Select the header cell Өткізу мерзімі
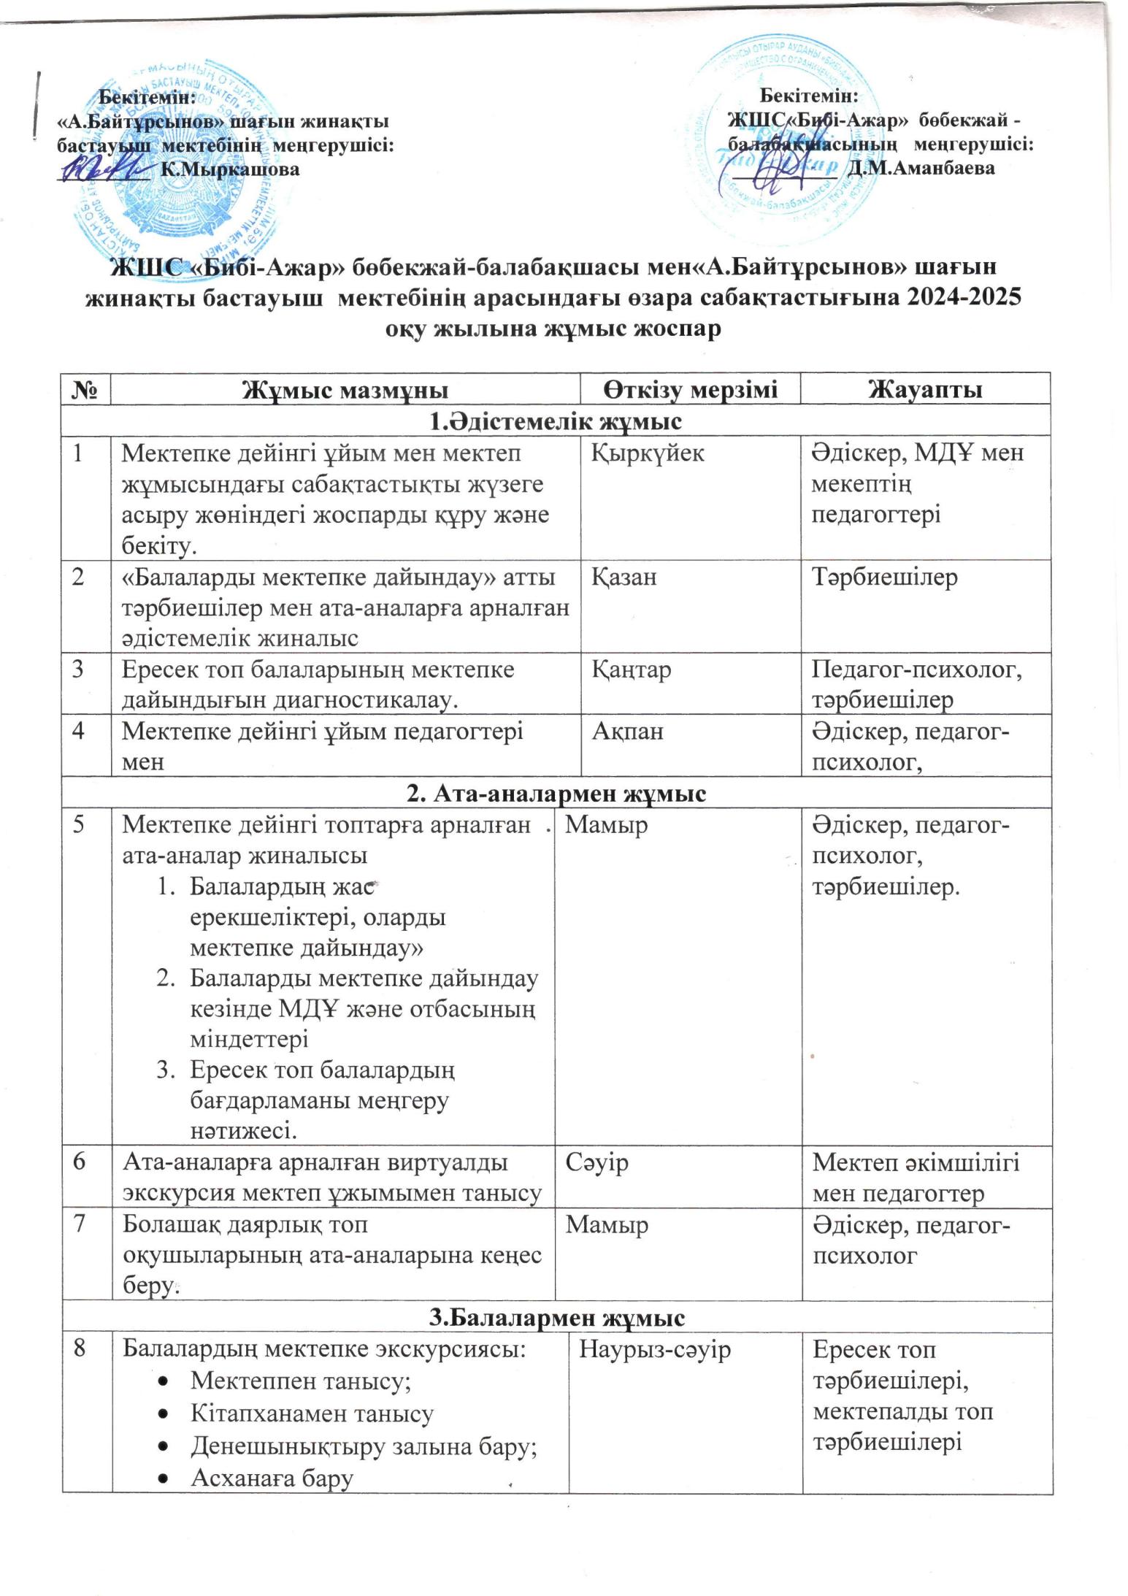(690, 389)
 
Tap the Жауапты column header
(924, 389)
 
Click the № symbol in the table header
(86, 389)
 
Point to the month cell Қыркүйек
(648, 453)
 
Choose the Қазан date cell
(624, 577)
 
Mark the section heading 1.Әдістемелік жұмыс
(556, 421)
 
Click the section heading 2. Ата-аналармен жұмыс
(556, 793)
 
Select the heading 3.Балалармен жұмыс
(556, 1318)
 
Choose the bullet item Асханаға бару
(272, 1478)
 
